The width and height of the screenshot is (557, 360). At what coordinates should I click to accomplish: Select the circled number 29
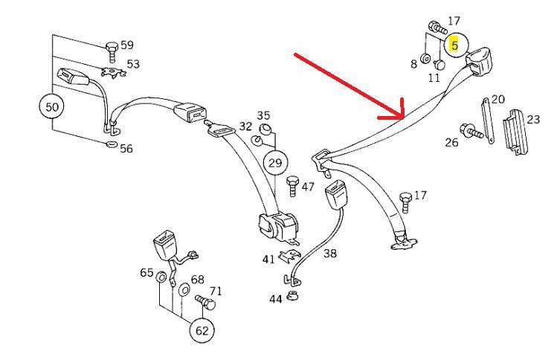[x=275, y=161]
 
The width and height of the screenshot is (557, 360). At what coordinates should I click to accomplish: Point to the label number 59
[x=127, y=45]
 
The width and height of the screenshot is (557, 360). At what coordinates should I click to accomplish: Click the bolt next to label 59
[x=111, y=51]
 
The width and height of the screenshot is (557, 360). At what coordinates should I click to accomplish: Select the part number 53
[x=132, y=64]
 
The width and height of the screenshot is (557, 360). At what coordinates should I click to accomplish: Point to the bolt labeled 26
[x=474, y=135]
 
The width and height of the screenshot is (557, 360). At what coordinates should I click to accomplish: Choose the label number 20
[x=498, y=99]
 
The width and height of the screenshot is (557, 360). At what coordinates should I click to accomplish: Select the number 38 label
[x=329, y=254]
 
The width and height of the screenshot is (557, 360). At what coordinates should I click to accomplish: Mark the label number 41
[x=268, y=259]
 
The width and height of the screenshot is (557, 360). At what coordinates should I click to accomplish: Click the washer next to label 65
[x=161, y=278]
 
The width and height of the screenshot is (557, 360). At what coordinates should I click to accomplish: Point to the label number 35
[x=264, y=116]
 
